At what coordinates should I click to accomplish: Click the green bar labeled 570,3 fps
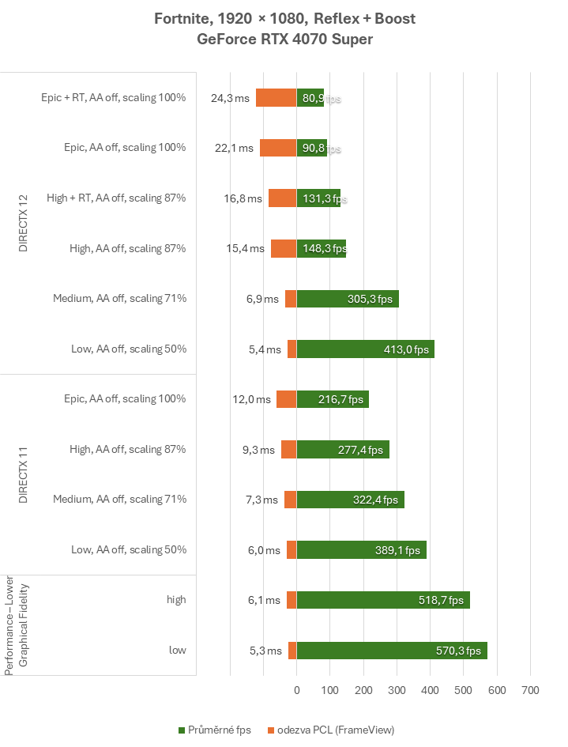[391, 651]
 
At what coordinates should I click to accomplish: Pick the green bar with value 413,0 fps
[365, 349]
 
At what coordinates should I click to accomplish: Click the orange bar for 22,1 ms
[278, 148]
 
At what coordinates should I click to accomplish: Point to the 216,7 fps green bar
[333, 399]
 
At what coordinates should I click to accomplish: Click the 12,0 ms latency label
[252, 399]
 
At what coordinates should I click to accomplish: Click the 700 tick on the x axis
[530, 690]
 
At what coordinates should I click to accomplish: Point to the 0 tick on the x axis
[296, 690]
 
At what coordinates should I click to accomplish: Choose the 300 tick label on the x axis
[397, 690]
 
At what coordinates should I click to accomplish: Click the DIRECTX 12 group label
[23, 223]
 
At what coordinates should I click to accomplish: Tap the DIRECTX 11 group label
[23, 474]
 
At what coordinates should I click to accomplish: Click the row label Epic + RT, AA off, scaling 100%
[113, 98]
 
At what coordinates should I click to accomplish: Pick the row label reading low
[177, 651]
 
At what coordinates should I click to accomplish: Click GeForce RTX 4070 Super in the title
[284, 39]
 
